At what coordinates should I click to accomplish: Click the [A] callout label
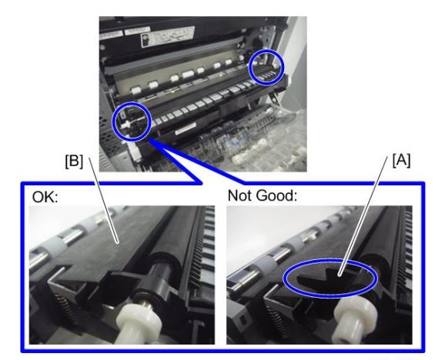point(401,161)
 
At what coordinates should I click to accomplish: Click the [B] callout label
point(74,162)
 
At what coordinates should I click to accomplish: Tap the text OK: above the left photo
point(45,196)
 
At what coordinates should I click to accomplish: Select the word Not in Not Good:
point(241,195)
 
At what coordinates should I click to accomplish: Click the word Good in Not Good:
point(278,195)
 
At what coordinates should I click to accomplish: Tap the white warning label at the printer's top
point(167,36)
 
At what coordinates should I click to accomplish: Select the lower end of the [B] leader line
point(118,243)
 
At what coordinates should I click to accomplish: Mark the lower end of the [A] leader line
point(340,275)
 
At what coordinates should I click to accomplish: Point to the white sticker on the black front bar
point(186,129)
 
